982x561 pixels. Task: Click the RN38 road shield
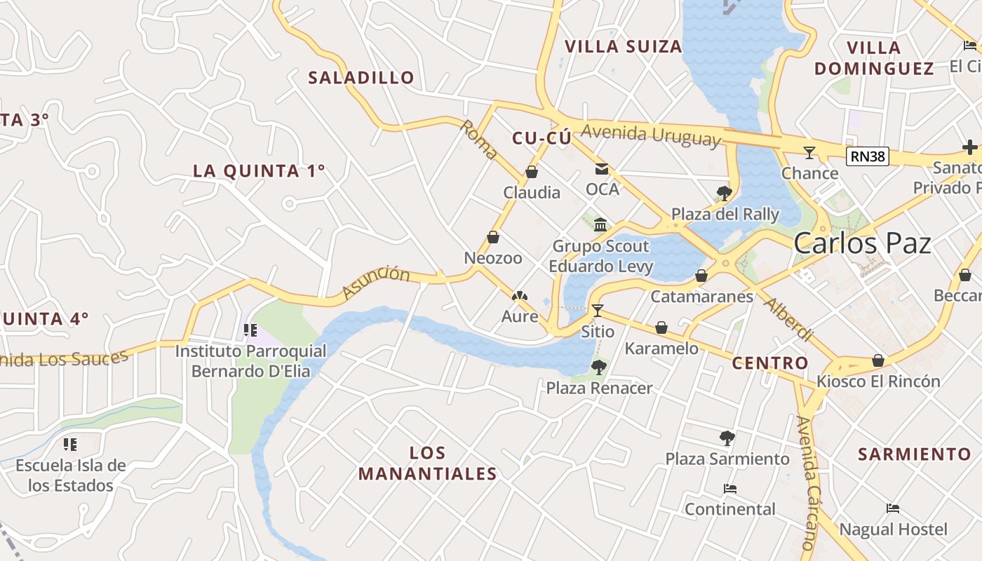click(x=867, y=156)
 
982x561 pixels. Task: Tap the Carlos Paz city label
click(x=862, y=243)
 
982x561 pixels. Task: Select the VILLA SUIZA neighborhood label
click(x=623, y=47)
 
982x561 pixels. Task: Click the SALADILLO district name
click(x=361, y=77)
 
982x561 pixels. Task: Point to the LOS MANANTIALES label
click(x=427, y=463)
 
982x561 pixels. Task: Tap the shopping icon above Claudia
click(x=532, y=172)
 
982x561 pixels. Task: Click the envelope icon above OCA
click(x=602, y=168)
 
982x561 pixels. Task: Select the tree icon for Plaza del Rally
click(x=725, y=193)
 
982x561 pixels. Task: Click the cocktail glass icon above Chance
click(x=809, y=152)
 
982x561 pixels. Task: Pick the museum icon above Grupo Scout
click(x=600, y=224)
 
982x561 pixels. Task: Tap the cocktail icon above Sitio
click(x=598, y=311)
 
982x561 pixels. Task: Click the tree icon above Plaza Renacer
click(x=598, y=367)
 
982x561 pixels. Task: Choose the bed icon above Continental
click(x=729, y=488)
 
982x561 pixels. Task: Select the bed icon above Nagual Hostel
click(x=893, y=508)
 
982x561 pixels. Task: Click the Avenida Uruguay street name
click(x=651, y=134)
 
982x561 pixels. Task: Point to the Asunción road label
click(x=376, y=281)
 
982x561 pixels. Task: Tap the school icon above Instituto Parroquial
click(x=250, y=330)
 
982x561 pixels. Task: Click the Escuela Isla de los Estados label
click(x=70, y=475)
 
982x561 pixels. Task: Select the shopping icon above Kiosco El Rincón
click(x=877, y=360)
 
